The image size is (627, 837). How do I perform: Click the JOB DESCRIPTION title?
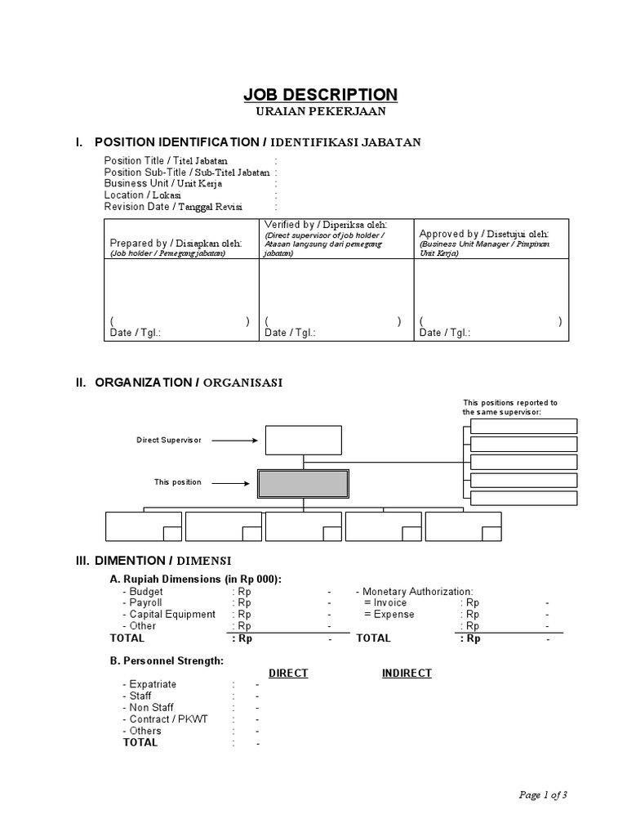pyautogui.click(x=321, y=94)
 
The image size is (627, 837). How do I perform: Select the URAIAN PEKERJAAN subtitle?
pyautogui.click(x=321, y=110)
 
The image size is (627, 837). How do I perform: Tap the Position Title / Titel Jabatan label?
pyautogui.click(x=166, y=161)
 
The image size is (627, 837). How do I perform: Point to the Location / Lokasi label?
pyautogui.click(x=143, y=195)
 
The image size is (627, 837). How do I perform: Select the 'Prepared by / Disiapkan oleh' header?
pyautogui.click(x=176, y=243)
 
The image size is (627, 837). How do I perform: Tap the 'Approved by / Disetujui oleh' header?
pyautogui.click(x=484, y=234)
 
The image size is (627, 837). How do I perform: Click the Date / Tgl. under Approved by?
pyautogui.click(x=445, y=333)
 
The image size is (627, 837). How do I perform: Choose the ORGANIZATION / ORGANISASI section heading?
pyautogui.click(x=189, y=383)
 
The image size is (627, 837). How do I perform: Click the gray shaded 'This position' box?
pyautogui.click(x=303, y=483)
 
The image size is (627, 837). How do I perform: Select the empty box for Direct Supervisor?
pyautogui.click(x=303, y=440)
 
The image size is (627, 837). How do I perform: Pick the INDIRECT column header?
pyautogui.click(x=407, y=673)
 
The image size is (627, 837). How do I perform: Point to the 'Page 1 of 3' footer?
pyautogui.click(x=543, y=794)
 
